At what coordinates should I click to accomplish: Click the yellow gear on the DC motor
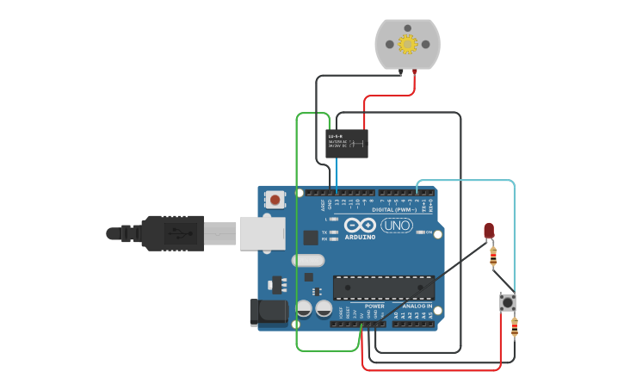[407, 43]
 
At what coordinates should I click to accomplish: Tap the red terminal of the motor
[415, 71]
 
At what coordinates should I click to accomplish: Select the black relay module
[347, 143]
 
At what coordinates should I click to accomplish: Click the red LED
[489, 230]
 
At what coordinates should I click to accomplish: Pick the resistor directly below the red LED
[492, 256]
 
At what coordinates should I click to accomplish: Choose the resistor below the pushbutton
[515, 327]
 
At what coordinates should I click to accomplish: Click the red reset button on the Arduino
[275, 200]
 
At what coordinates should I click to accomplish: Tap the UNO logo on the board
[397, 226]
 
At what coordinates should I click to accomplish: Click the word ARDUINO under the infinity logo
[360, 237]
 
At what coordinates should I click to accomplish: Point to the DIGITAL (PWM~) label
[394, 209]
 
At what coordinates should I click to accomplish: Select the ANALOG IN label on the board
[417, 306]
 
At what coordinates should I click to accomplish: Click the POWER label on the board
[374, 306]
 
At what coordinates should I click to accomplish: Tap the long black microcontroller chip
[383, 288]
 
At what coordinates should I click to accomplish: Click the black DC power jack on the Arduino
[268, 313]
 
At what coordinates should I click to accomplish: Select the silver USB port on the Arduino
[262, 233]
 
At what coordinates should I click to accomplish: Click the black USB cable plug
[172, 232]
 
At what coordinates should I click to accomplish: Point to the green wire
[297, 258]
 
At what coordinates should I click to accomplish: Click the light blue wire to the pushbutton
[514, 232]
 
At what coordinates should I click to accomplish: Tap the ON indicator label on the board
[429, 232]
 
